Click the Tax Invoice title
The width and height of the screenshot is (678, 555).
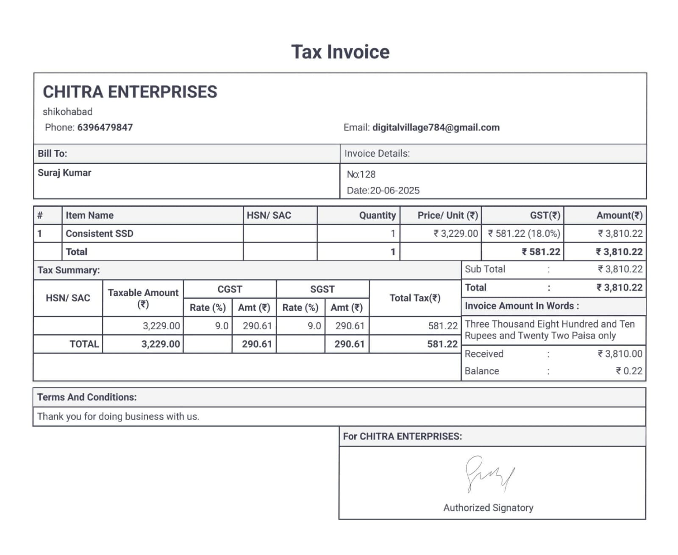click(340, 52)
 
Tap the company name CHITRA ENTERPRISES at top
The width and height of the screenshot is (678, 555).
click(130, 92)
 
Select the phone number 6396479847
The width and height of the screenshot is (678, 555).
click(105, 127)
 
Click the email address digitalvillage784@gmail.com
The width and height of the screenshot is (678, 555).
click(436, 127)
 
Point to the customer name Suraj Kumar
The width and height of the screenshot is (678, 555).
click(64, 173)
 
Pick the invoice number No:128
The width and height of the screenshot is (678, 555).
click(361, 174)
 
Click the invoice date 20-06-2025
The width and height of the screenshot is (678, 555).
click(395, 191)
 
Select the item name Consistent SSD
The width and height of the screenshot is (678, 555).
click(100, 233)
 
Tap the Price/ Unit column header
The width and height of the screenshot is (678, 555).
click(447, 215)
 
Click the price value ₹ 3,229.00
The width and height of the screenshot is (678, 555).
click(456, 233)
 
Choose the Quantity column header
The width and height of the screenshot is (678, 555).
click(377, 215)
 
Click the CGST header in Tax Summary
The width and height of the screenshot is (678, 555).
click(230, 289)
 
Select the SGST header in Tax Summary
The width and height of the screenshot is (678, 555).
click(322, 289)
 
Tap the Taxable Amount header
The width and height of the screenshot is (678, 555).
click(143, 298)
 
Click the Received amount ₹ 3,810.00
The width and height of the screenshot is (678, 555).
click(620, 354)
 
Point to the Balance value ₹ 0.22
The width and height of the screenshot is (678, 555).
click(629, 371)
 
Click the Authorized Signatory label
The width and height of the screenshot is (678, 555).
click(488, 507)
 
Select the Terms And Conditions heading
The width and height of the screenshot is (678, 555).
click(87, 397)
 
